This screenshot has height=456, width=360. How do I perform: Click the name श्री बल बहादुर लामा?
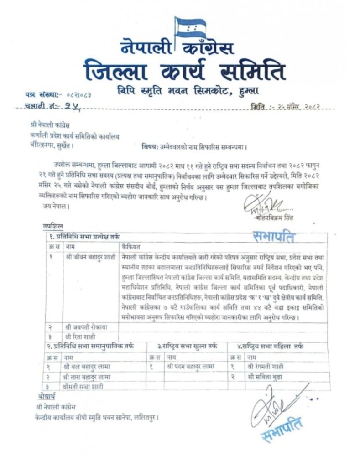(84, 366)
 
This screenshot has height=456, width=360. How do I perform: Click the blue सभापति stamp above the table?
(274, 237)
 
